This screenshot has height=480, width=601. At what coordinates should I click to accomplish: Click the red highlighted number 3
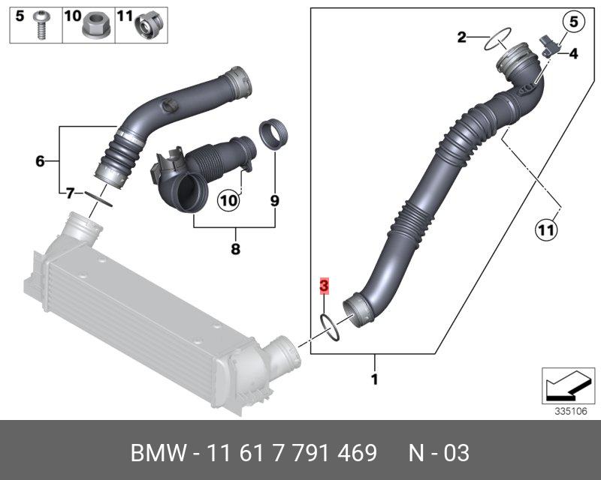coord(325,286)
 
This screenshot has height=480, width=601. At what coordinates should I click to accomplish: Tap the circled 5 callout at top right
coord(573,22)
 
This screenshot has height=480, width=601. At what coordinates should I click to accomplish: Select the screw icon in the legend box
coord(40,25)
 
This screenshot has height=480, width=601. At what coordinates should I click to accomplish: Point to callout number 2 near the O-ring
coord(462,37)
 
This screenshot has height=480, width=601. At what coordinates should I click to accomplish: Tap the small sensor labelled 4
coord(550,45)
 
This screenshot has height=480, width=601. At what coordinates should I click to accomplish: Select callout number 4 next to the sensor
coord(573,54)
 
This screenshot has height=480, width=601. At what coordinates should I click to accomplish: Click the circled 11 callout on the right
coord(546,230)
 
